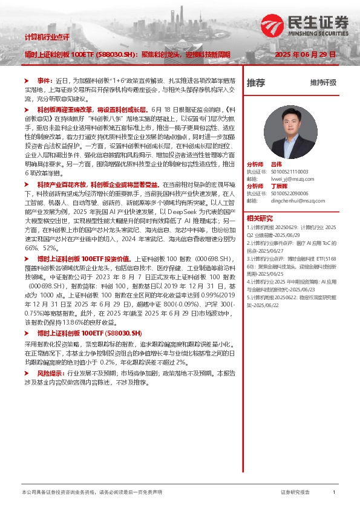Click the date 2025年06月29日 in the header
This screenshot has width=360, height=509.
click(305, 54)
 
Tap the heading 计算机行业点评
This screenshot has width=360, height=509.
click(47, 37)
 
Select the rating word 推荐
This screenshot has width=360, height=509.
click(256, 83)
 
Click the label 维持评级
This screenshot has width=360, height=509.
click(323, 83)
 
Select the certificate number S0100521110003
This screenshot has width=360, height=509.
click(290, 172)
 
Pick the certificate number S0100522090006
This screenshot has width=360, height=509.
click(290, 193)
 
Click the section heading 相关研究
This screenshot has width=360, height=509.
click(260, 218)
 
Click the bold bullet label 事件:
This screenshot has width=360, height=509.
click(45, 80)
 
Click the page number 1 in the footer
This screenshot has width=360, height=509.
click(334, 493)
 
